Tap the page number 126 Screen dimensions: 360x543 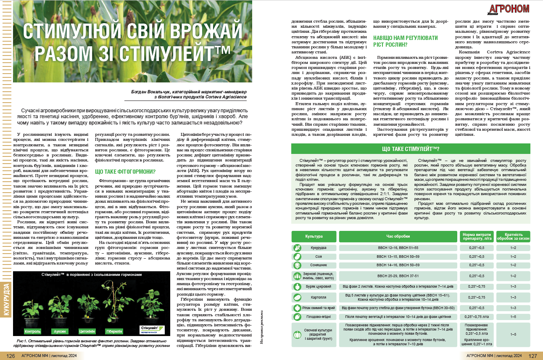tap(11, 356)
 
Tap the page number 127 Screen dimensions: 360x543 tap(532, 356)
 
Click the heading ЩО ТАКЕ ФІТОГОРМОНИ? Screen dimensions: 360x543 tap(126, 172)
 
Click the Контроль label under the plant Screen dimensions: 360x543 tap(33, 331)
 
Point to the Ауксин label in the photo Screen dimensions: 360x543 tap(59, 331)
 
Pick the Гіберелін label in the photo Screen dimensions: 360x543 tap(113, 331)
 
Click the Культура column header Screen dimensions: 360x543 tap(314, 236)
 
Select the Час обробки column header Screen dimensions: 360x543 tap(397, 236)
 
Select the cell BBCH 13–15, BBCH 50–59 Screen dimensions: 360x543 tap(397, 257)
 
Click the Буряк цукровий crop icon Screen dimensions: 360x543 tap(297, 286)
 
